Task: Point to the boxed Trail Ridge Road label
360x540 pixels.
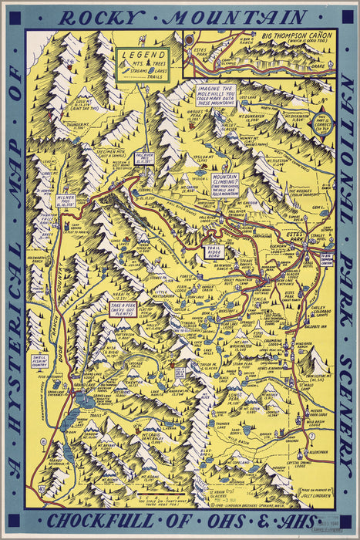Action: click(217, 251)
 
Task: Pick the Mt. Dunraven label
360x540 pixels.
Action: click(264, 116)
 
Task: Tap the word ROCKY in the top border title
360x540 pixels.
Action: click(106, 17)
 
